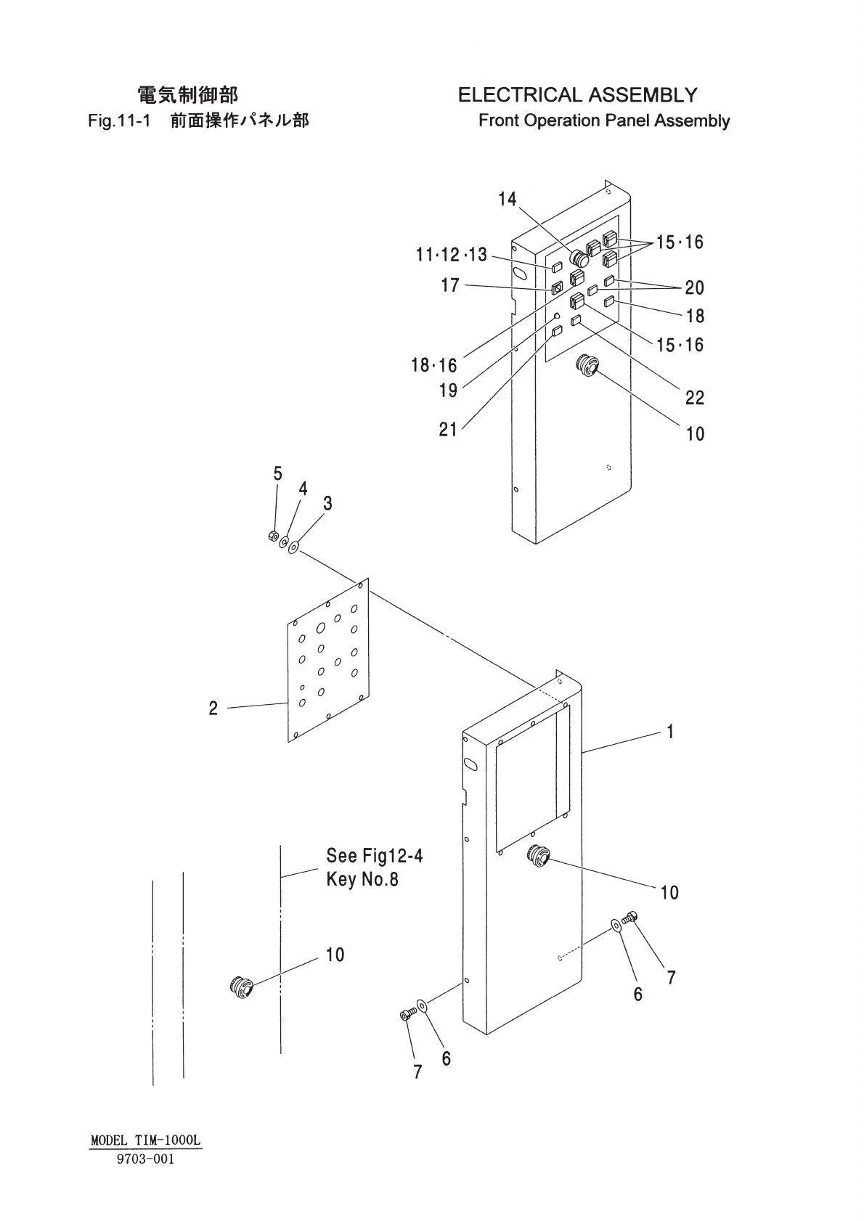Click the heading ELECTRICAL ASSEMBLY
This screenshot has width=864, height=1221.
577,95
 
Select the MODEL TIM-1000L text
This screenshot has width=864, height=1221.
146,1140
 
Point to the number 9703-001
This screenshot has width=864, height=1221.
146,1159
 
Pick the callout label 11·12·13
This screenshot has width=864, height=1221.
451,255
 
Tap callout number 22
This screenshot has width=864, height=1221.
694,397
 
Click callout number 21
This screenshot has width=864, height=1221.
448,430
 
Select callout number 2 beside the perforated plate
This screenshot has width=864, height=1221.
213,708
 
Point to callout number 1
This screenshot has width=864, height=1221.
670,732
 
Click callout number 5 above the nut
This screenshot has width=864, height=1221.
277,474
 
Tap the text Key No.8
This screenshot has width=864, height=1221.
362,880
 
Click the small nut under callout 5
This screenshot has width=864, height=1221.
273,536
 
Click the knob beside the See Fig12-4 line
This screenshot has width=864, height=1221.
240,987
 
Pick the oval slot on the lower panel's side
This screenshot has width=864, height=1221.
470,764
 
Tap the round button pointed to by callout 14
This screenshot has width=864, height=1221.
580,258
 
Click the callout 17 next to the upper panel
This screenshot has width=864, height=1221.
450,285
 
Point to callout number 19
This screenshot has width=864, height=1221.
448,391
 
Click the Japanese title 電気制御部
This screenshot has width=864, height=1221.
187,95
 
